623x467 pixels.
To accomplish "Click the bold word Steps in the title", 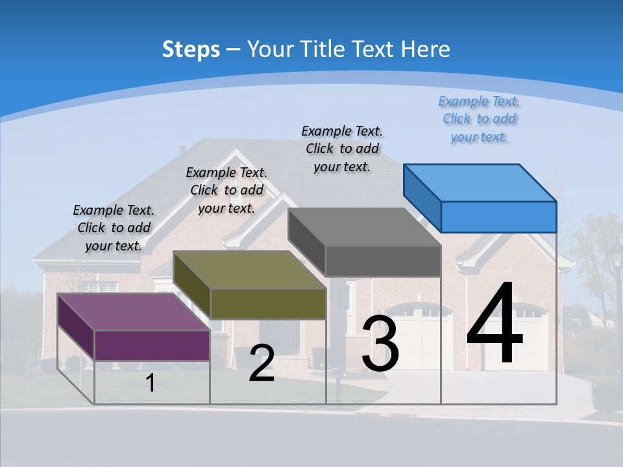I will [x=191, y=49].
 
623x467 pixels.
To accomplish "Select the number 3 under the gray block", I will [x=380, y=344].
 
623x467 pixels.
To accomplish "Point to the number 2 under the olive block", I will [x=262, y=363].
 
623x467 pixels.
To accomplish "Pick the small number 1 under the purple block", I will [x=150, y=383].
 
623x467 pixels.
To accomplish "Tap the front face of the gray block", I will [x=383, y=261].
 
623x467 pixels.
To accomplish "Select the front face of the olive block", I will [x=268, y=304].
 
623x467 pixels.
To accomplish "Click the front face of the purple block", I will [x=152, y=345].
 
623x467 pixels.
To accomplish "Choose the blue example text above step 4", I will [x=480, y=119].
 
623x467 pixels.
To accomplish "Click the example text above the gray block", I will [x=342, y=149].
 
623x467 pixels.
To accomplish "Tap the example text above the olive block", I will [x=226, y=190].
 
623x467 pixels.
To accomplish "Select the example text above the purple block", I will [x=114, y=228].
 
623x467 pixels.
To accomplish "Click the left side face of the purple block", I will [x=76, y=327].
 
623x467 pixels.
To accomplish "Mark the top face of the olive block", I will [x=249, y=270].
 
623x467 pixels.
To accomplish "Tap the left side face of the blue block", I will [x=422, y=198].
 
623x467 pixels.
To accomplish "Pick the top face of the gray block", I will [x=364, y=228].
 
